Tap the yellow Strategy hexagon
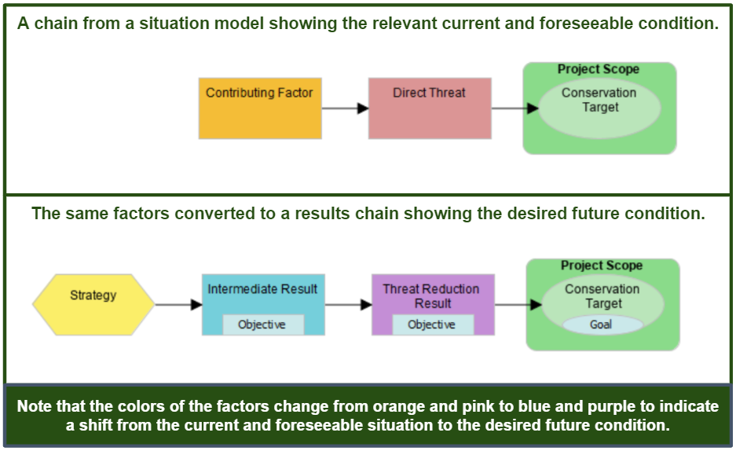93,304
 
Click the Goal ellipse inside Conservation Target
602,324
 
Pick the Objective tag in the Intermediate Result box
262,324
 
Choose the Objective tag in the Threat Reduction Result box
432,324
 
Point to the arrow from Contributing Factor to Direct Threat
345,108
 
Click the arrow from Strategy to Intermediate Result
178,304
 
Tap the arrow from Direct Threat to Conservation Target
514,108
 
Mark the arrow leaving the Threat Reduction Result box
517,304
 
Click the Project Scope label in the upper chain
599,69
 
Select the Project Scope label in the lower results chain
602,266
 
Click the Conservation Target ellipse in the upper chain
599,107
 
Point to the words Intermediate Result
262,289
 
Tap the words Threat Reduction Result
431,295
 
